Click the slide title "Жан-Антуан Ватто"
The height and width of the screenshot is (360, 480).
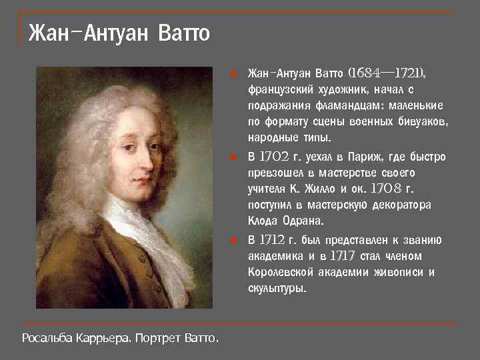(119, 33)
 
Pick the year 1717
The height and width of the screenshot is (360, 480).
(344, 256)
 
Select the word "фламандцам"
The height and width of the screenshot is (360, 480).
(337, 105)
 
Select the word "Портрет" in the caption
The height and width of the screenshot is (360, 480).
(160, 339)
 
